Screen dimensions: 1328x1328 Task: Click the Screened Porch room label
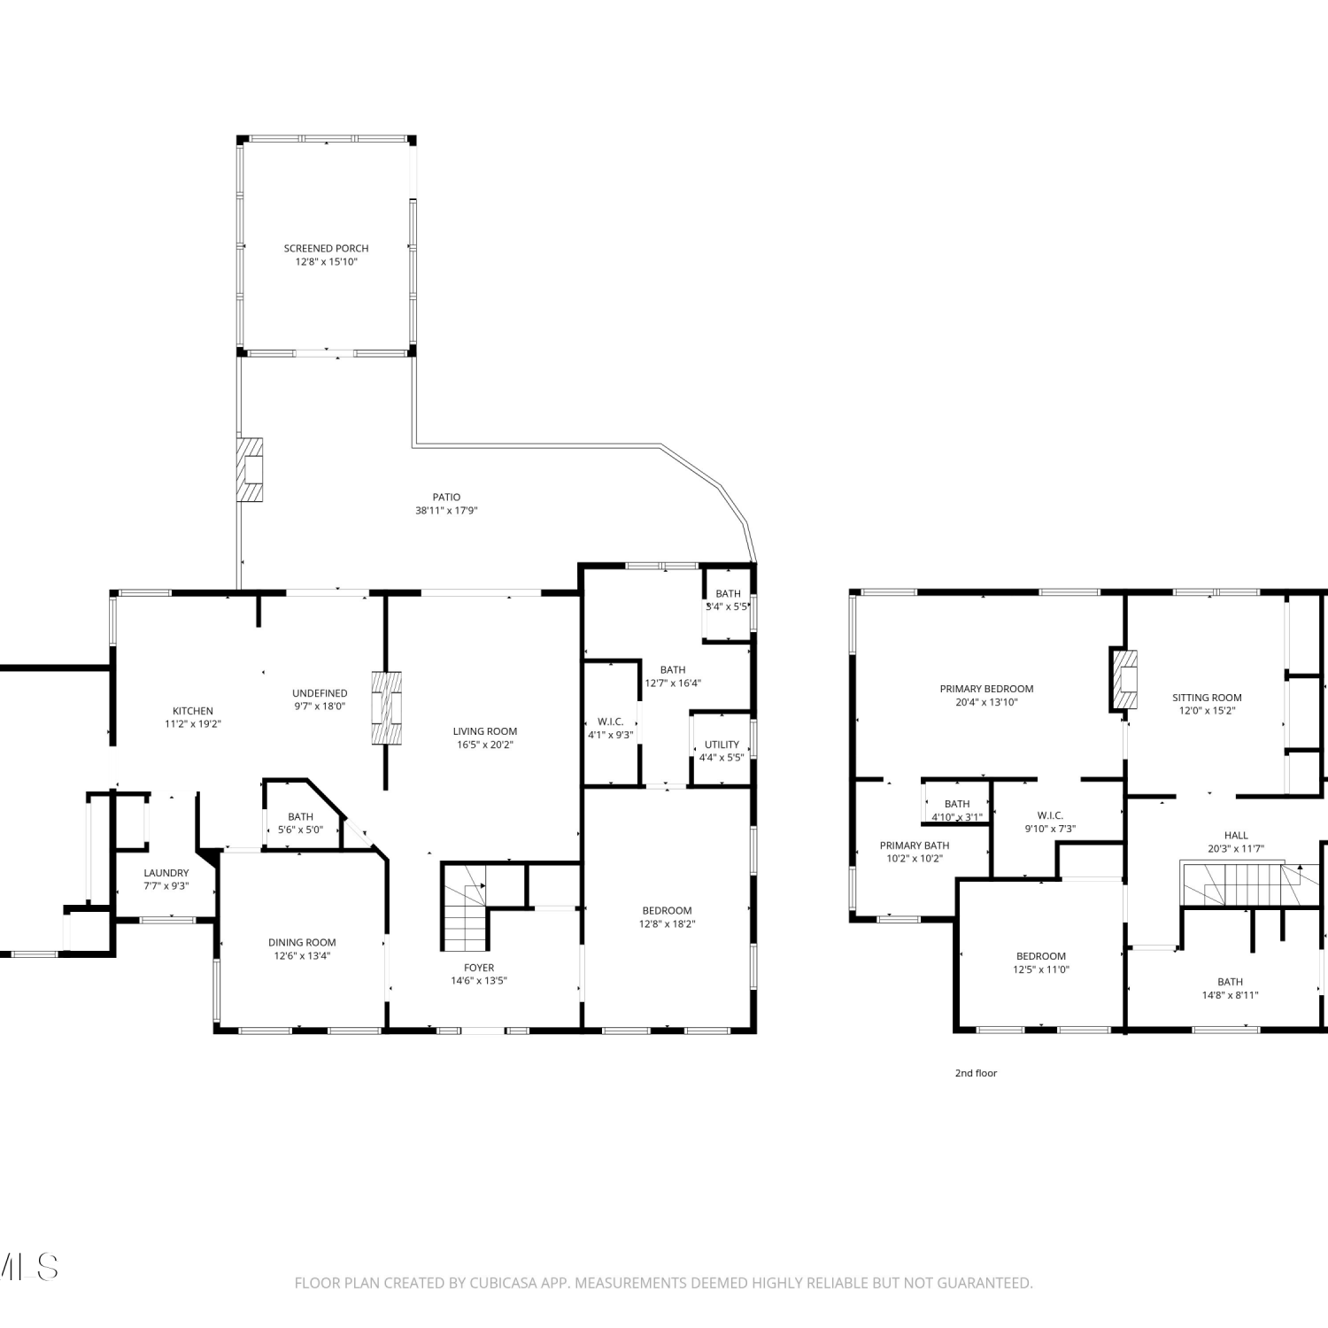326,249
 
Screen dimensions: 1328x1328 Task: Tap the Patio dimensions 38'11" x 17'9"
446,511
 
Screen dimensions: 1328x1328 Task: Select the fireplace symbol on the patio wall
251,469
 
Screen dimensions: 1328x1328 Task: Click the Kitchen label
193,711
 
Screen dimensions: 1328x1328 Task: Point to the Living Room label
485,731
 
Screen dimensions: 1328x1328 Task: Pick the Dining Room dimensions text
302,956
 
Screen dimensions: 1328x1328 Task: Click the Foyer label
479,968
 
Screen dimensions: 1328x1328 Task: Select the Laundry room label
166,873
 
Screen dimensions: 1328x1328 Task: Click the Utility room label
722,745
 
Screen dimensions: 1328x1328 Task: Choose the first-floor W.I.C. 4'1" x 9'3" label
611,729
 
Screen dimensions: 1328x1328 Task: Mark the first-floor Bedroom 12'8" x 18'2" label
667,917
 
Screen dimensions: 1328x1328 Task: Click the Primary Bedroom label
986,689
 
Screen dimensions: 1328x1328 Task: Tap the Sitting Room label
1207,698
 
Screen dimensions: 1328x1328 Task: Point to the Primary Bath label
915,845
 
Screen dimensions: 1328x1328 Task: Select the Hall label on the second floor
1236,835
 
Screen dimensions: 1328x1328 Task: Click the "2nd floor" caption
976,1073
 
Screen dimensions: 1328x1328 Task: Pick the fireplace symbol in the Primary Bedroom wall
1123,679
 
